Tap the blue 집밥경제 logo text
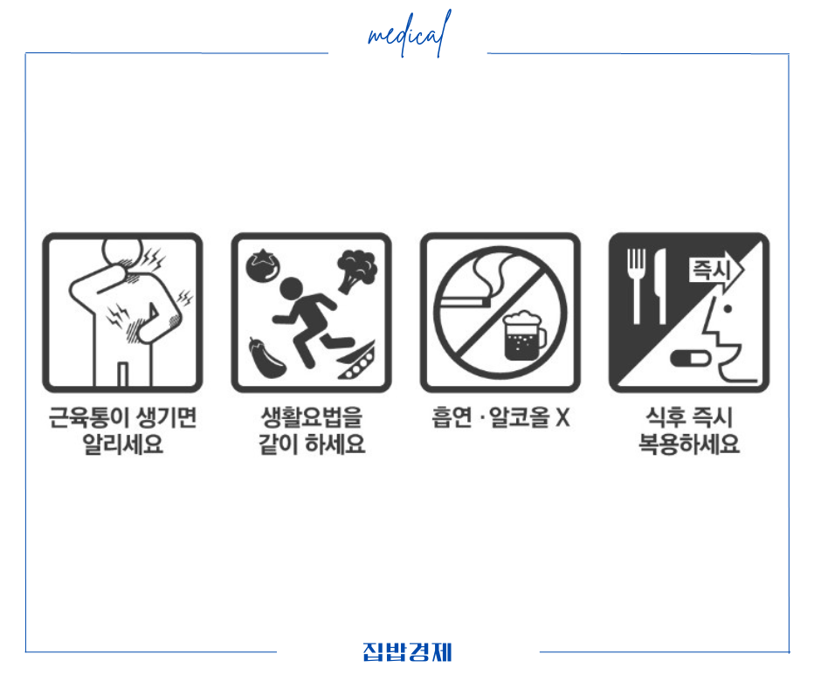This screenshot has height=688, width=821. click(x=408, y=652)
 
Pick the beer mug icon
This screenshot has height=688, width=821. click(x=523, y=336)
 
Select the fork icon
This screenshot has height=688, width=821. click(x=637, y=284)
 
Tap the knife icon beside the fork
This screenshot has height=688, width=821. click(x=661, y=284)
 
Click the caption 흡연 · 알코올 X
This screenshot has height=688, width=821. click(x=500, y=418)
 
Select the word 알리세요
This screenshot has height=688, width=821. click(x=122, y=445)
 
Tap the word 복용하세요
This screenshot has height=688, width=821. click(x=689, y=445)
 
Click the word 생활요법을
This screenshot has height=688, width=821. click(x=311, y=418)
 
